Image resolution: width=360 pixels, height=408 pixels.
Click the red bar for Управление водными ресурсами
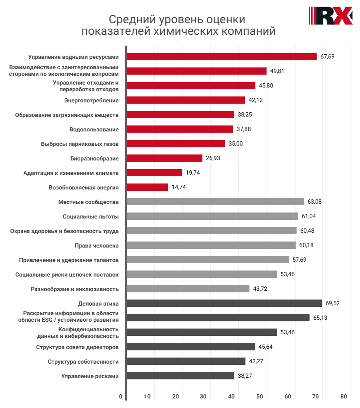221,56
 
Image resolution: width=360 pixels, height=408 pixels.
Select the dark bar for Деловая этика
224,303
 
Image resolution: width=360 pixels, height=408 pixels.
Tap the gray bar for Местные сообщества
215,202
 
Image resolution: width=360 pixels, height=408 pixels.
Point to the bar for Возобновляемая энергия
147,187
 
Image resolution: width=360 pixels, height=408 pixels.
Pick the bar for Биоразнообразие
164,158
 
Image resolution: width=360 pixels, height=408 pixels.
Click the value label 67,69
327,56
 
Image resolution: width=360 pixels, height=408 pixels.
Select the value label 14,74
179,187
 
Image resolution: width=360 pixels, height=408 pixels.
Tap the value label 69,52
333,303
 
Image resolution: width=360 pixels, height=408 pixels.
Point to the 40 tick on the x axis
231,396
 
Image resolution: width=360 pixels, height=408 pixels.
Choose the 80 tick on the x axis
343,396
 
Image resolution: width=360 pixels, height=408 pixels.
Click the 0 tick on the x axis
121,396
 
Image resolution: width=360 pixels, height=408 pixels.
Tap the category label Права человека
97,245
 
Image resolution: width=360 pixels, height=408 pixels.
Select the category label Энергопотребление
92,100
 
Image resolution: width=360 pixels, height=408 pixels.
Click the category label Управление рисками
90,376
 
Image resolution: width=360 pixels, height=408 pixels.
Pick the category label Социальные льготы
91,216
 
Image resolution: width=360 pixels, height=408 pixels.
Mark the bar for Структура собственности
186,361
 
